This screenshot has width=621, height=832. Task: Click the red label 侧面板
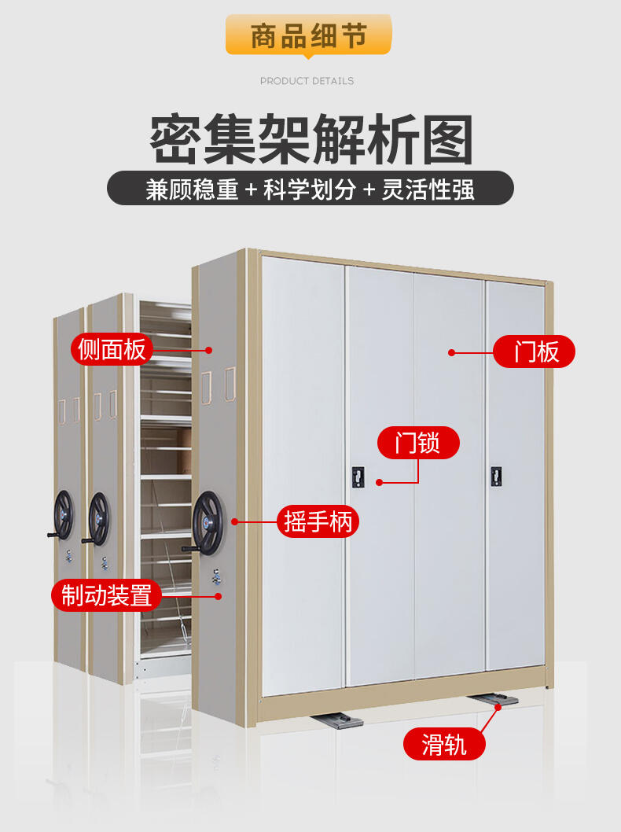pyautogui.click(x=112, y=349)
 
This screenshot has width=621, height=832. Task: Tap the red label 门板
pyautogui.click(x=535, y=352)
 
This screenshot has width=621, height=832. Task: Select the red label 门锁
pyautogui.click(x=417, y=444)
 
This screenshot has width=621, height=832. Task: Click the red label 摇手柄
pyautogui.click(x=318, y=521)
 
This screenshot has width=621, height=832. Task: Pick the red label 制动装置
pyautogui.click(x=106, y=595)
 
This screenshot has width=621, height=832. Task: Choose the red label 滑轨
pyautogui.click(x=444, y=743)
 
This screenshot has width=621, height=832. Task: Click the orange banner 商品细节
pyautogui.click(x=309, y=36)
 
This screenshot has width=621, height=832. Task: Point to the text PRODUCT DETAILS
pyautogui.click(x=307, y=81)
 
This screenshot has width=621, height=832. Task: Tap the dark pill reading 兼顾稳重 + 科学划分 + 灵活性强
pyautogui.click(x=310, y=190)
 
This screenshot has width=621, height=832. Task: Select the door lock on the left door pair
pyautogui.click(x=358, y=477)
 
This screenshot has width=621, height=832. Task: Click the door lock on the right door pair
pyautogui.click(x=496, y=476)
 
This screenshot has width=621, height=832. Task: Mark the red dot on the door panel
pyautogui.click(x=452, y=352)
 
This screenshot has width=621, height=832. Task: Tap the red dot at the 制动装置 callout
pyautogui.click(x=219, y=596)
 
